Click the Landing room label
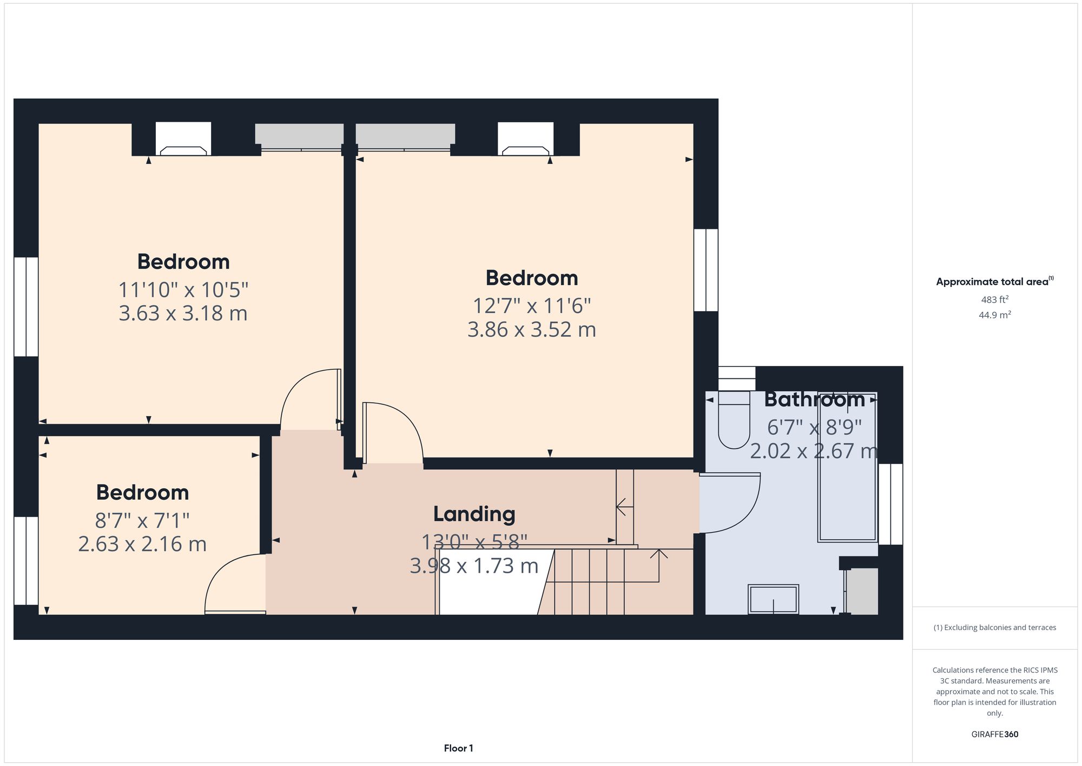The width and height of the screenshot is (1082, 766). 474,514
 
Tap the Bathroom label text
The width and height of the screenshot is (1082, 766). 814,400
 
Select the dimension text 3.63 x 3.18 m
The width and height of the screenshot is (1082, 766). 183,313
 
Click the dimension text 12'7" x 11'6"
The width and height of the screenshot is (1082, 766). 531,306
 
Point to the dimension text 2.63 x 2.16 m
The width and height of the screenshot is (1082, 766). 142,544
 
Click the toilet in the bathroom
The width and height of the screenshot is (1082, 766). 734,425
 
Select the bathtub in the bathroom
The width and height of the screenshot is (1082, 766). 847,467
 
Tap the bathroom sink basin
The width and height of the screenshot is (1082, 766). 773,599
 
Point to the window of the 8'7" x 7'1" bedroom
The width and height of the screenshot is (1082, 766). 25,560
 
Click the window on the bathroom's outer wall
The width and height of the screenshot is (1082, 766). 890,504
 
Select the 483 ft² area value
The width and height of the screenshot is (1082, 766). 994,299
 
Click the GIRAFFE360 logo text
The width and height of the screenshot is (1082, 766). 994,735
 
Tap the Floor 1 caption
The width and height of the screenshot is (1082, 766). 458,748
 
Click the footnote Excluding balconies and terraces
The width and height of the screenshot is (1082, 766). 994,627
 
